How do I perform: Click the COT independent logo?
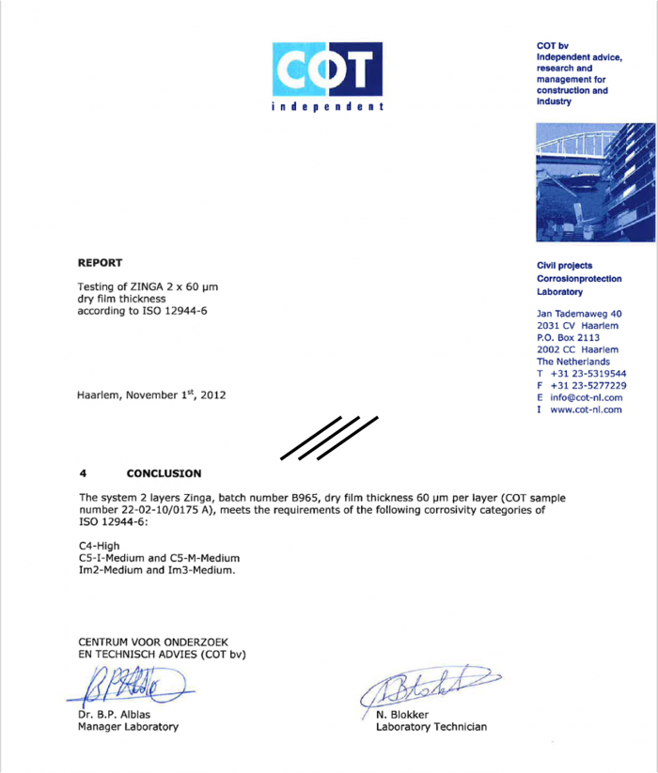click(328, 76)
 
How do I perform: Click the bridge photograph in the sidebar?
click(594, 182)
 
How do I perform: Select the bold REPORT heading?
click(100, 263)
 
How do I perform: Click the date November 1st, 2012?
click(176, 395)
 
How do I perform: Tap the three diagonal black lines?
click(329, 437)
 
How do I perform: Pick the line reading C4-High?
click(100, 545)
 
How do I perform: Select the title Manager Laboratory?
click(128, 726)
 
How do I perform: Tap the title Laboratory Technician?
click(431, 727)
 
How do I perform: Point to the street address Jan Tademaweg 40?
click(579, 313)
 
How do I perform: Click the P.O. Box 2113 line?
click(568, 337)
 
